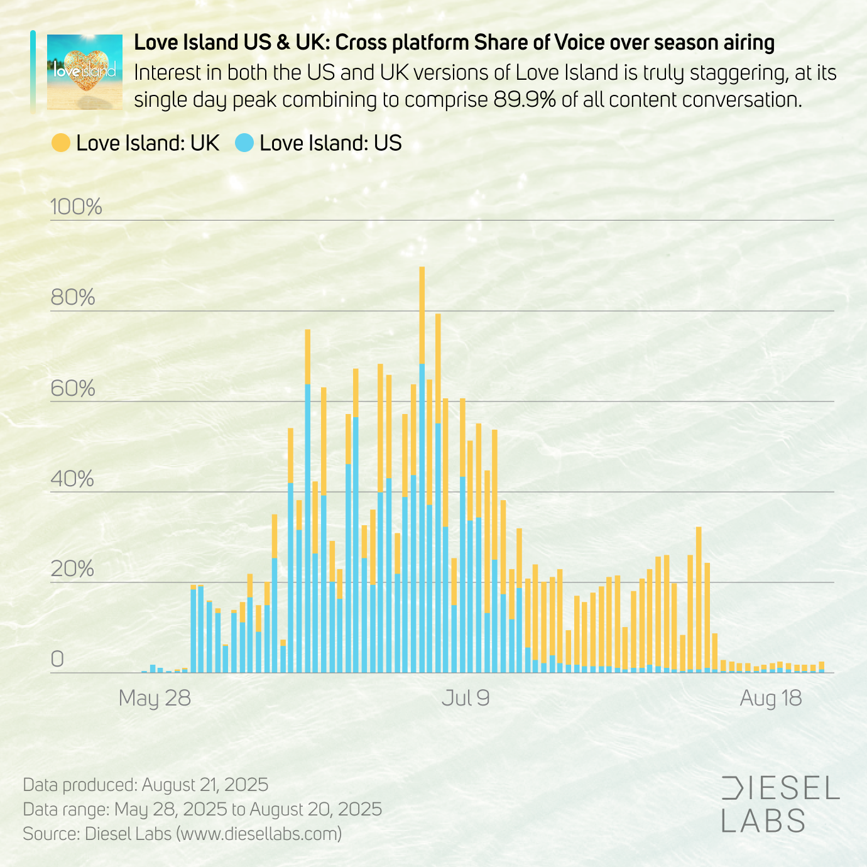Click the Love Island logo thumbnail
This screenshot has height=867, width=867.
85,72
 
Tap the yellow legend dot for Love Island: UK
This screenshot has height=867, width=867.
61,143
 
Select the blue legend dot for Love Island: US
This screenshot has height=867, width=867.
244,143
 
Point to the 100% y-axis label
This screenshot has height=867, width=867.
76,207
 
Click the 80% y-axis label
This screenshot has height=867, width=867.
73,297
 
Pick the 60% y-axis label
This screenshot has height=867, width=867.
73,388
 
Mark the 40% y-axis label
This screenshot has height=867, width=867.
73,479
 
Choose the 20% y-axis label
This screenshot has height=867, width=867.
73,569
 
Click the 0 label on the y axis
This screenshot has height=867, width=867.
57,660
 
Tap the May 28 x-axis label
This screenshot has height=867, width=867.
155,698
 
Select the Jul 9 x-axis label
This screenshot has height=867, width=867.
466,698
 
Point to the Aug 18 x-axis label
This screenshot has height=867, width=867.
771,698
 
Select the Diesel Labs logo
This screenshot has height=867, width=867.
780,805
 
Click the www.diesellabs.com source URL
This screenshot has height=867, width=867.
259,834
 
